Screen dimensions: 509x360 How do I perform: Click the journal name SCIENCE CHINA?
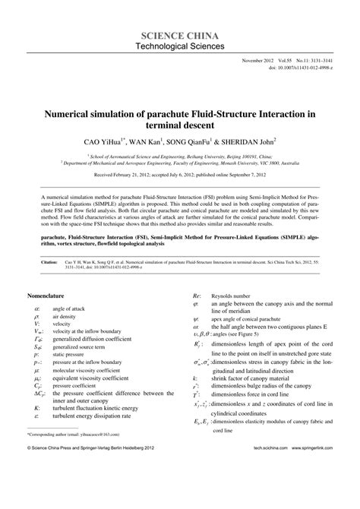tap(179, 35)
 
